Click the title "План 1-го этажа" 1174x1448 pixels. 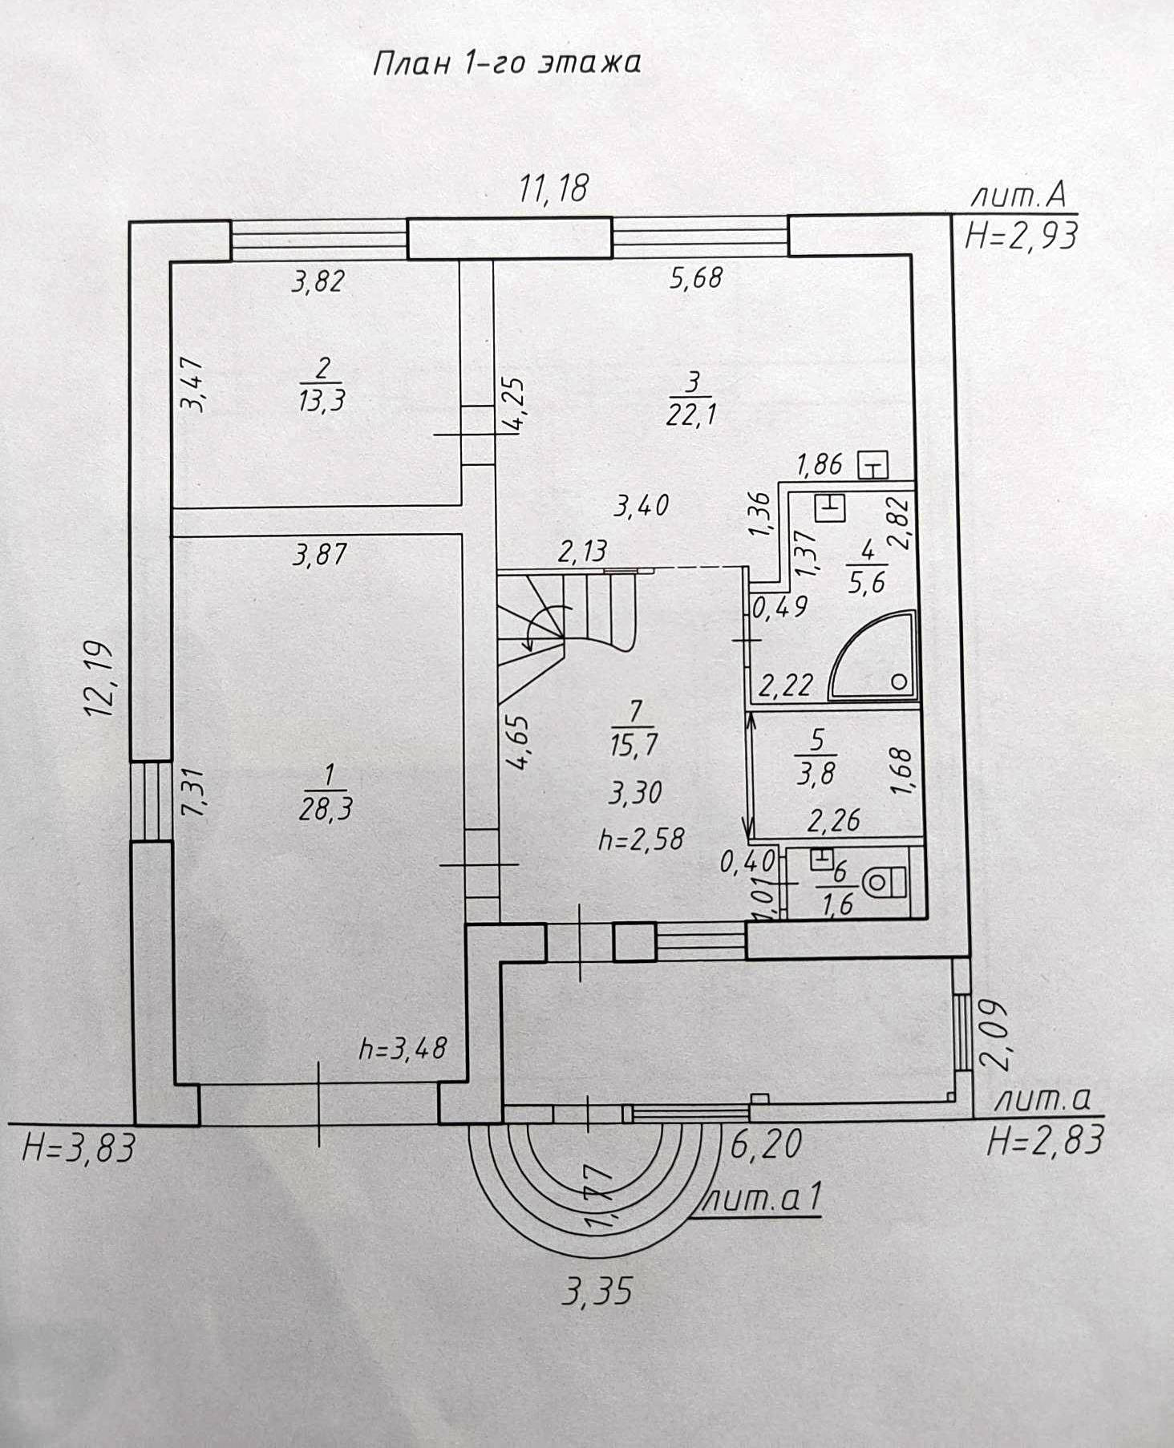tap(507, 63)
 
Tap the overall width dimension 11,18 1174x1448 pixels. tap(553, 188)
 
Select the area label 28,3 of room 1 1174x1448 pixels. tap(326, 810)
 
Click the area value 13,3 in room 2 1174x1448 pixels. tap(322, 398)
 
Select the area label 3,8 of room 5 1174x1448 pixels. tap(816, 775)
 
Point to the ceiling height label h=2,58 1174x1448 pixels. tap(642, 839)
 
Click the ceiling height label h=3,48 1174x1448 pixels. tap(403, 1048)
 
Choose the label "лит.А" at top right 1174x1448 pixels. tap(1018, 195)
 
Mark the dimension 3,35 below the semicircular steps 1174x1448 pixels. tap(597, 1292)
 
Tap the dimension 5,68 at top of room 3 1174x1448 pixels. tap(696, 277)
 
